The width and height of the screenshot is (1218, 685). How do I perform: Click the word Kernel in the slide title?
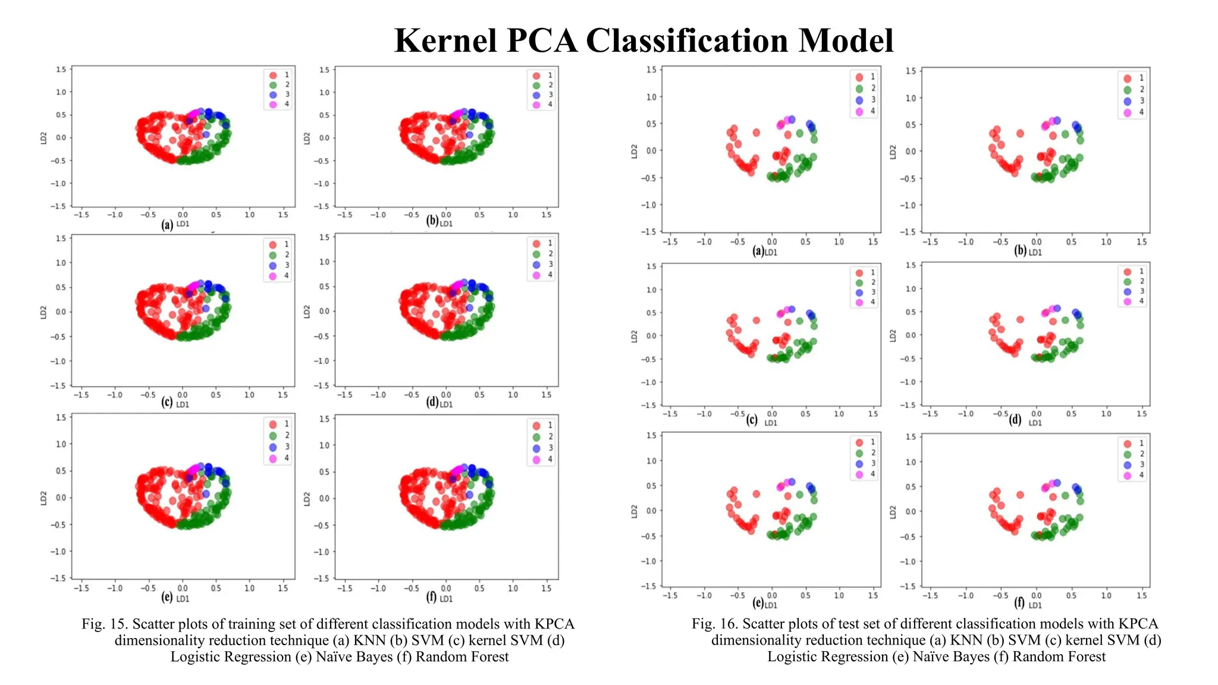(x=445, y=41)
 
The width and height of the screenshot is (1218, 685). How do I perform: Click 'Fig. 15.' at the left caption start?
(x=105, y=624)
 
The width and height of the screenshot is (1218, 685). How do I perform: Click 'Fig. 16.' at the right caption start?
(x=714, y=624)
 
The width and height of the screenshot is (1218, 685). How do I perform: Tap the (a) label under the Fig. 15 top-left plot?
(x=167, y=225)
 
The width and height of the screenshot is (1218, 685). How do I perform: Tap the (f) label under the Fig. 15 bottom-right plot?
(x=431, y=597)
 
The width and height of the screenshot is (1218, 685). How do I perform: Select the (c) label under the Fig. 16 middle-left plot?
(x=752, y=420)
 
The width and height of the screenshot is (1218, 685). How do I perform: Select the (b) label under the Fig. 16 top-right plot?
(x=1020, y=250)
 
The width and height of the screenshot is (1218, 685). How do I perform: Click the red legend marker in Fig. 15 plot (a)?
(x=273, y=76)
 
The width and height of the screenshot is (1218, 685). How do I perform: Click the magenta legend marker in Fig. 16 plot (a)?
(x=859, y=111)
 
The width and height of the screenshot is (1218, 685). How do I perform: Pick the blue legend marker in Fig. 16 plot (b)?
(x=1127, y=101)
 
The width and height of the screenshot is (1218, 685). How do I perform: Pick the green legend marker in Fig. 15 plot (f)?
(x=536, y=437)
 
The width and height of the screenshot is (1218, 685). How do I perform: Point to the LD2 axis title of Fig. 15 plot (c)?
(x=43, y=312)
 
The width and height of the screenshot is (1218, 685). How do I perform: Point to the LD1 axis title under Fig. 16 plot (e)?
(x=771, y=605)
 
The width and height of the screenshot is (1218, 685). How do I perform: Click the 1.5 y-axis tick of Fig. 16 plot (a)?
(x=651, y=70)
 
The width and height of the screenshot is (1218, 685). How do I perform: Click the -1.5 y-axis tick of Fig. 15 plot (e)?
(x=58, y=578)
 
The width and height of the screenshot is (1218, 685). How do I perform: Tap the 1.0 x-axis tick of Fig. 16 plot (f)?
(x=1106, y=595)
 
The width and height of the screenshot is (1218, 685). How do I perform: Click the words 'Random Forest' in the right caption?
(x=1059, y=657)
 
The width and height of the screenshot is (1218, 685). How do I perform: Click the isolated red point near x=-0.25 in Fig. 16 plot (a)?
(x=756, y=133)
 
